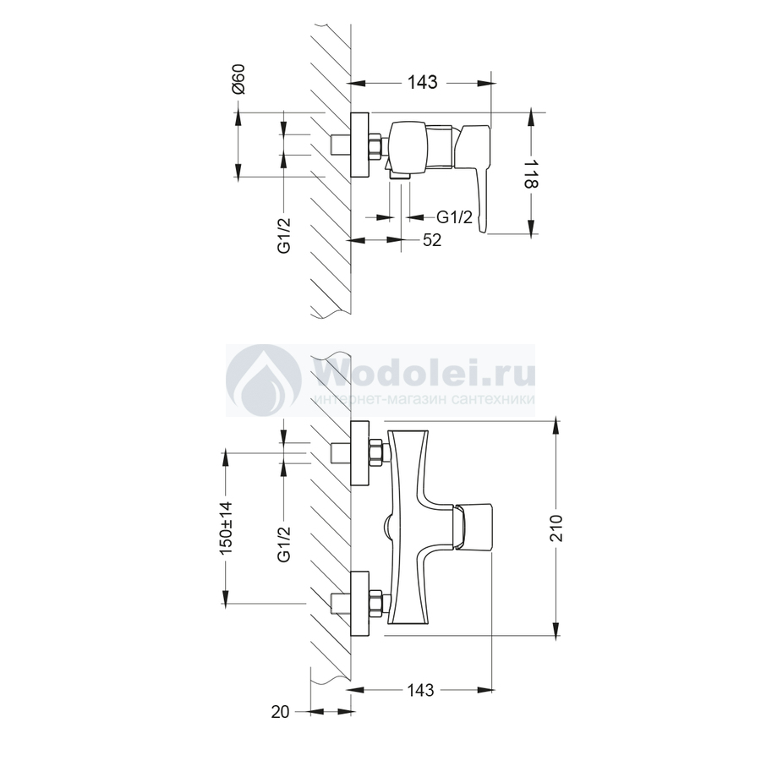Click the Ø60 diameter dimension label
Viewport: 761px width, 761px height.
point(238,79)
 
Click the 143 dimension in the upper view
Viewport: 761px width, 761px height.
point(422,83)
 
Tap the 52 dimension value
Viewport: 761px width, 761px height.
point(432,240)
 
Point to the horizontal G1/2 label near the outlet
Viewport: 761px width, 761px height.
point(454,217)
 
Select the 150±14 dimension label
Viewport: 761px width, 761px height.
point(227,528)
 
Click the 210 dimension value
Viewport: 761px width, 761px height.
point(556,528)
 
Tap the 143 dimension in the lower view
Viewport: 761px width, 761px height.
point(420,690)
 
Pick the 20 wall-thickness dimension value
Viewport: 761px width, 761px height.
point(280,712)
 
